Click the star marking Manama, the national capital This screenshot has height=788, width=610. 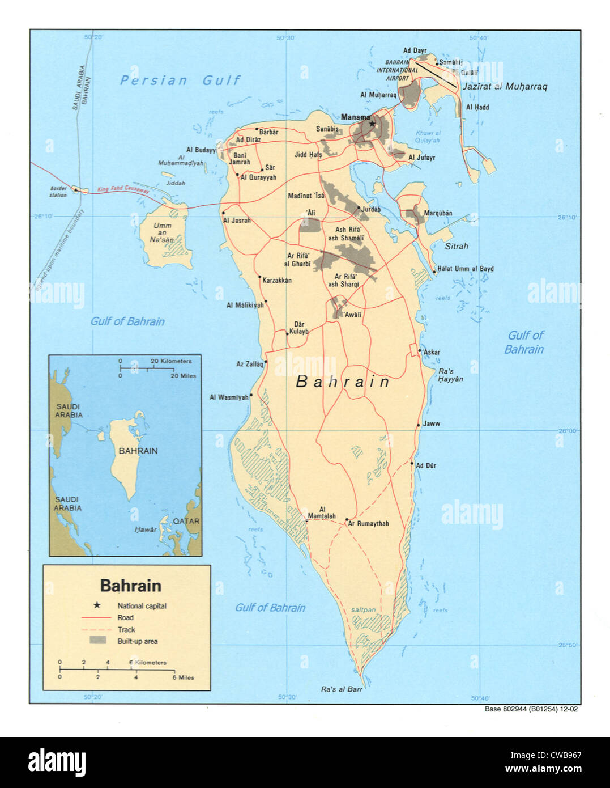(x=372, y=124)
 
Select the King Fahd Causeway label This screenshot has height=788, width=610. (x=123, y=189)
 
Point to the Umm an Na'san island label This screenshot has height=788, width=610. (x=162, y=232)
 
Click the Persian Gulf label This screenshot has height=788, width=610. (x=180, y=81)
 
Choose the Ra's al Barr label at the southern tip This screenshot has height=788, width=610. (x=342, y=689)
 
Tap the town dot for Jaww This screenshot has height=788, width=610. (x=419, y=425)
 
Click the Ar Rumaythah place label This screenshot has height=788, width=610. (x=369, y=524)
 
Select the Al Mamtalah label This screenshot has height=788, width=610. (x=322, y=513)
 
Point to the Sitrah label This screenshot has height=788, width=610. (x=457, y=246)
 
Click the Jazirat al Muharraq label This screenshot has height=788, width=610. (x=505, y=87)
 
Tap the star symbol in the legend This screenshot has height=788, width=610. (x=97, y=605)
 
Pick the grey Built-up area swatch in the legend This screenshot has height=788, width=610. (x=98, y=641)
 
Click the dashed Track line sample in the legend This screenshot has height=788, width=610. (x=95, y=630)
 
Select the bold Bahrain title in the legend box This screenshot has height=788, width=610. (x=130, y=586)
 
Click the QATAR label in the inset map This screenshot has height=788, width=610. (x=186, y=521)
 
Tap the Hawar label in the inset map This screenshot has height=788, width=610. (x=146, y=529)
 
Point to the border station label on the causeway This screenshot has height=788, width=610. (x=58, y=192)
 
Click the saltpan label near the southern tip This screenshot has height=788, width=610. (x=363, y=610)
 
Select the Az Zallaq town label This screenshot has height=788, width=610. (x=250, y=364)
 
